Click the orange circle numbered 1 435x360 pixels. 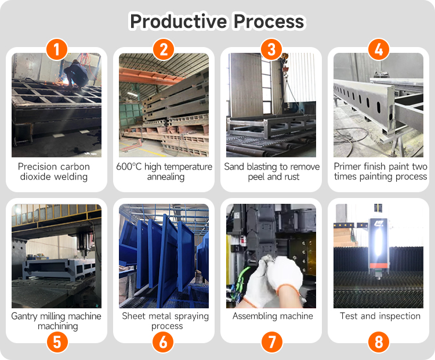point(57,49)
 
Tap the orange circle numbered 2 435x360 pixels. point(164,49)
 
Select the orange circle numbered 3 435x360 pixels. point(271,49)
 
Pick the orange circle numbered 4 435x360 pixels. point(379,49)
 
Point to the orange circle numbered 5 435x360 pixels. point(57,341)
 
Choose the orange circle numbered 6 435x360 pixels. point(163,341)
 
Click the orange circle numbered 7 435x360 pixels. point(272,341)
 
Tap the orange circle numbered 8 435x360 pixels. point(379,341)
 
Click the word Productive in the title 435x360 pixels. point(179,21)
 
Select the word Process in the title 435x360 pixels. point(269,21)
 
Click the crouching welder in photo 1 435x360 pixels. point(76,74)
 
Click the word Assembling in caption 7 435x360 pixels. point(252,316)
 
